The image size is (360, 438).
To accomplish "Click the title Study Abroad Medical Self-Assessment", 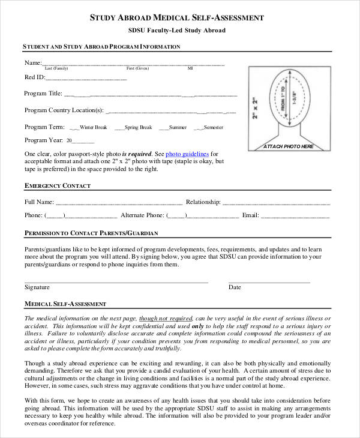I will (x=176, y=18).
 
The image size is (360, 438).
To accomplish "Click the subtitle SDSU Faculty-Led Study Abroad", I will (x=176, y=31).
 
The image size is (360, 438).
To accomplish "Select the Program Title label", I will (x=43, y=93).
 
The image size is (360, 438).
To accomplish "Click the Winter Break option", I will (x=93, y=127).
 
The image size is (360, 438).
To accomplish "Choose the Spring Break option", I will (x=138, y=127).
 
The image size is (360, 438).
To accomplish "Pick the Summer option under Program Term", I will (x=178, y=127).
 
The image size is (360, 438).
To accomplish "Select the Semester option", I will (x=213, y=127).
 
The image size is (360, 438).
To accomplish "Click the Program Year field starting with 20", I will (x=80, y=140).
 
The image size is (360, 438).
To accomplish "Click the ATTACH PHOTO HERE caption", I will (x=289, y=146).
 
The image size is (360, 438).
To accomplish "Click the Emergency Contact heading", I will (x=57, y=186).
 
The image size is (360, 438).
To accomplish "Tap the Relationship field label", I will (x=203, y=202).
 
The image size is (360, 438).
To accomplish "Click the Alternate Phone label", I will (x=142, y=215).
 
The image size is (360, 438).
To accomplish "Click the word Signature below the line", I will (x=37, y=287).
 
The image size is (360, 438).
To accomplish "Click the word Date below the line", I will (x=235, y=287).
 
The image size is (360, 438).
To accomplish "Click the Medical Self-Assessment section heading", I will (x=65, y=304).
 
